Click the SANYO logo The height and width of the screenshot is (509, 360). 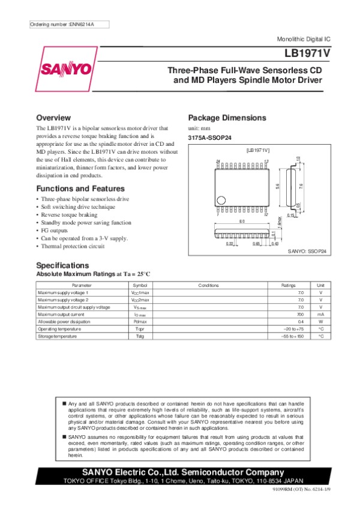click(x=66, y=68)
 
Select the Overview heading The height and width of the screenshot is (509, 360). click(x=53, y=118)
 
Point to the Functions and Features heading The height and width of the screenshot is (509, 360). click(x=80, y=188)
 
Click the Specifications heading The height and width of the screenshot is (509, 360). click(x=62, y=265)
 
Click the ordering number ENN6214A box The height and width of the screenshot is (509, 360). click(x=62, y=24)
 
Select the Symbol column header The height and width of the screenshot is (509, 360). click(x=139, y=285)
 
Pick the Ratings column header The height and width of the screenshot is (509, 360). click(x=289, y=285)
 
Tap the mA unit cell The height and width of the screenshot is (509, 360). click(x=321, y=314)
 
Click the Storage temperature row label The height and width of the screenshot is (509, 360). click(x=58, y=336)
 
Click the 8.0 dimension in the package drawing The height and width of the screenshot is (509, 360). click(x=242, y=221)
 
